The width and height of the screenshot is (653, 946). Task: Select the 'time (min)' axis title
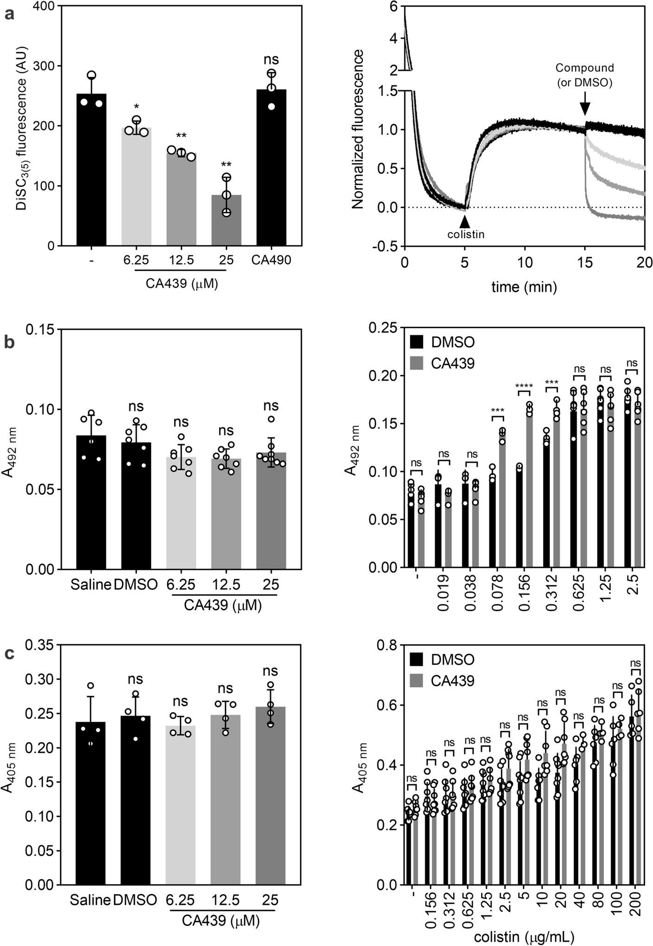524,287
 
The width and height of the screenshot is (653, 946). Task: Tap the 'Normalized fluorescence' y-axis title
357,130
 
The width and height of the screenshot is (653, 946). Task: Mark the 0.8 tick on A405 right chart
387,645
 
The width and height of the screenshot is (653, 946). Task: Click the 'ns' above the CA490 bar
271,60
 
